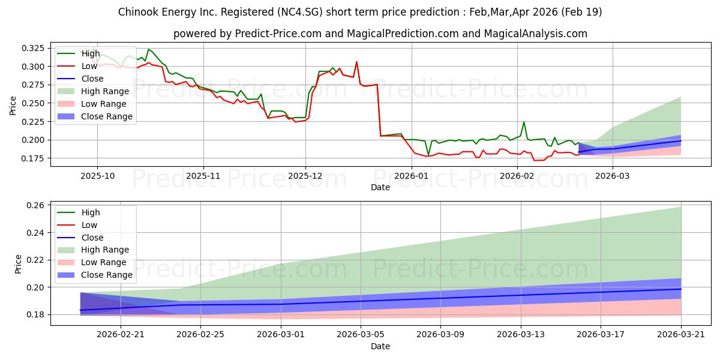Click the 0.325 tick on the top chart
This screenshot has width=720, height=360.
(x=32, y=48)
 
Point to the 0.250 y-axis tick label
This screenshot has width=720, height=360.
(x=32, y=103)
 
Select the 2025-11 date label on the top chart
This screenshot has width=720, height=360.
(x=203, y=176)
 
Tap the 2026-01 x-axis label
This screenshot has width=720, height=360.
(x=411, y=176)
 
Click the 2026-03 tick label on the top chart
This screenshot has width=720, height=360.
(x=613, y=176)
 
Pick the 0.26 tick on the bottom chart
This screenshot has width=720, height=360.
(x=35, y=205)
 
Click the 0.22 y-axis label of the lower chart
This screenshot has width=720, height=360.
(x=35, y=260)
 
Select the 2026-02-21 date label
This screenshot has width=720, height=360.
(x=121, y=335)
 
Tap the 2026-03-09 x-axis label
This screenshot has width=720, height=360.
(x=440, y=335)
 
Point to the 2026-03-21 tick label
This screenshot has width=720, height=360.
(x=681, y=335)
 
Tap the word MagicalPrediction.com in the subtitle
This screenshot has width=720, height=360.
(x=403, y=34)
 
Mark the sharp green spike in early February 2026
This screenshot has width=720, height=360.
(x=524, y=122)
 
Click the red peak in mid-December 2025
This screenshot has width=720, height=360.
(x=356, y=62)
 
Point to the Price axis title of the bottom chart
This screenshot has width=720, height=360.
(x=18, y=264)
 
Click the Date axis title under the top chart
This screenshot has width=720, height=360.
(x=380, y=187)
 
